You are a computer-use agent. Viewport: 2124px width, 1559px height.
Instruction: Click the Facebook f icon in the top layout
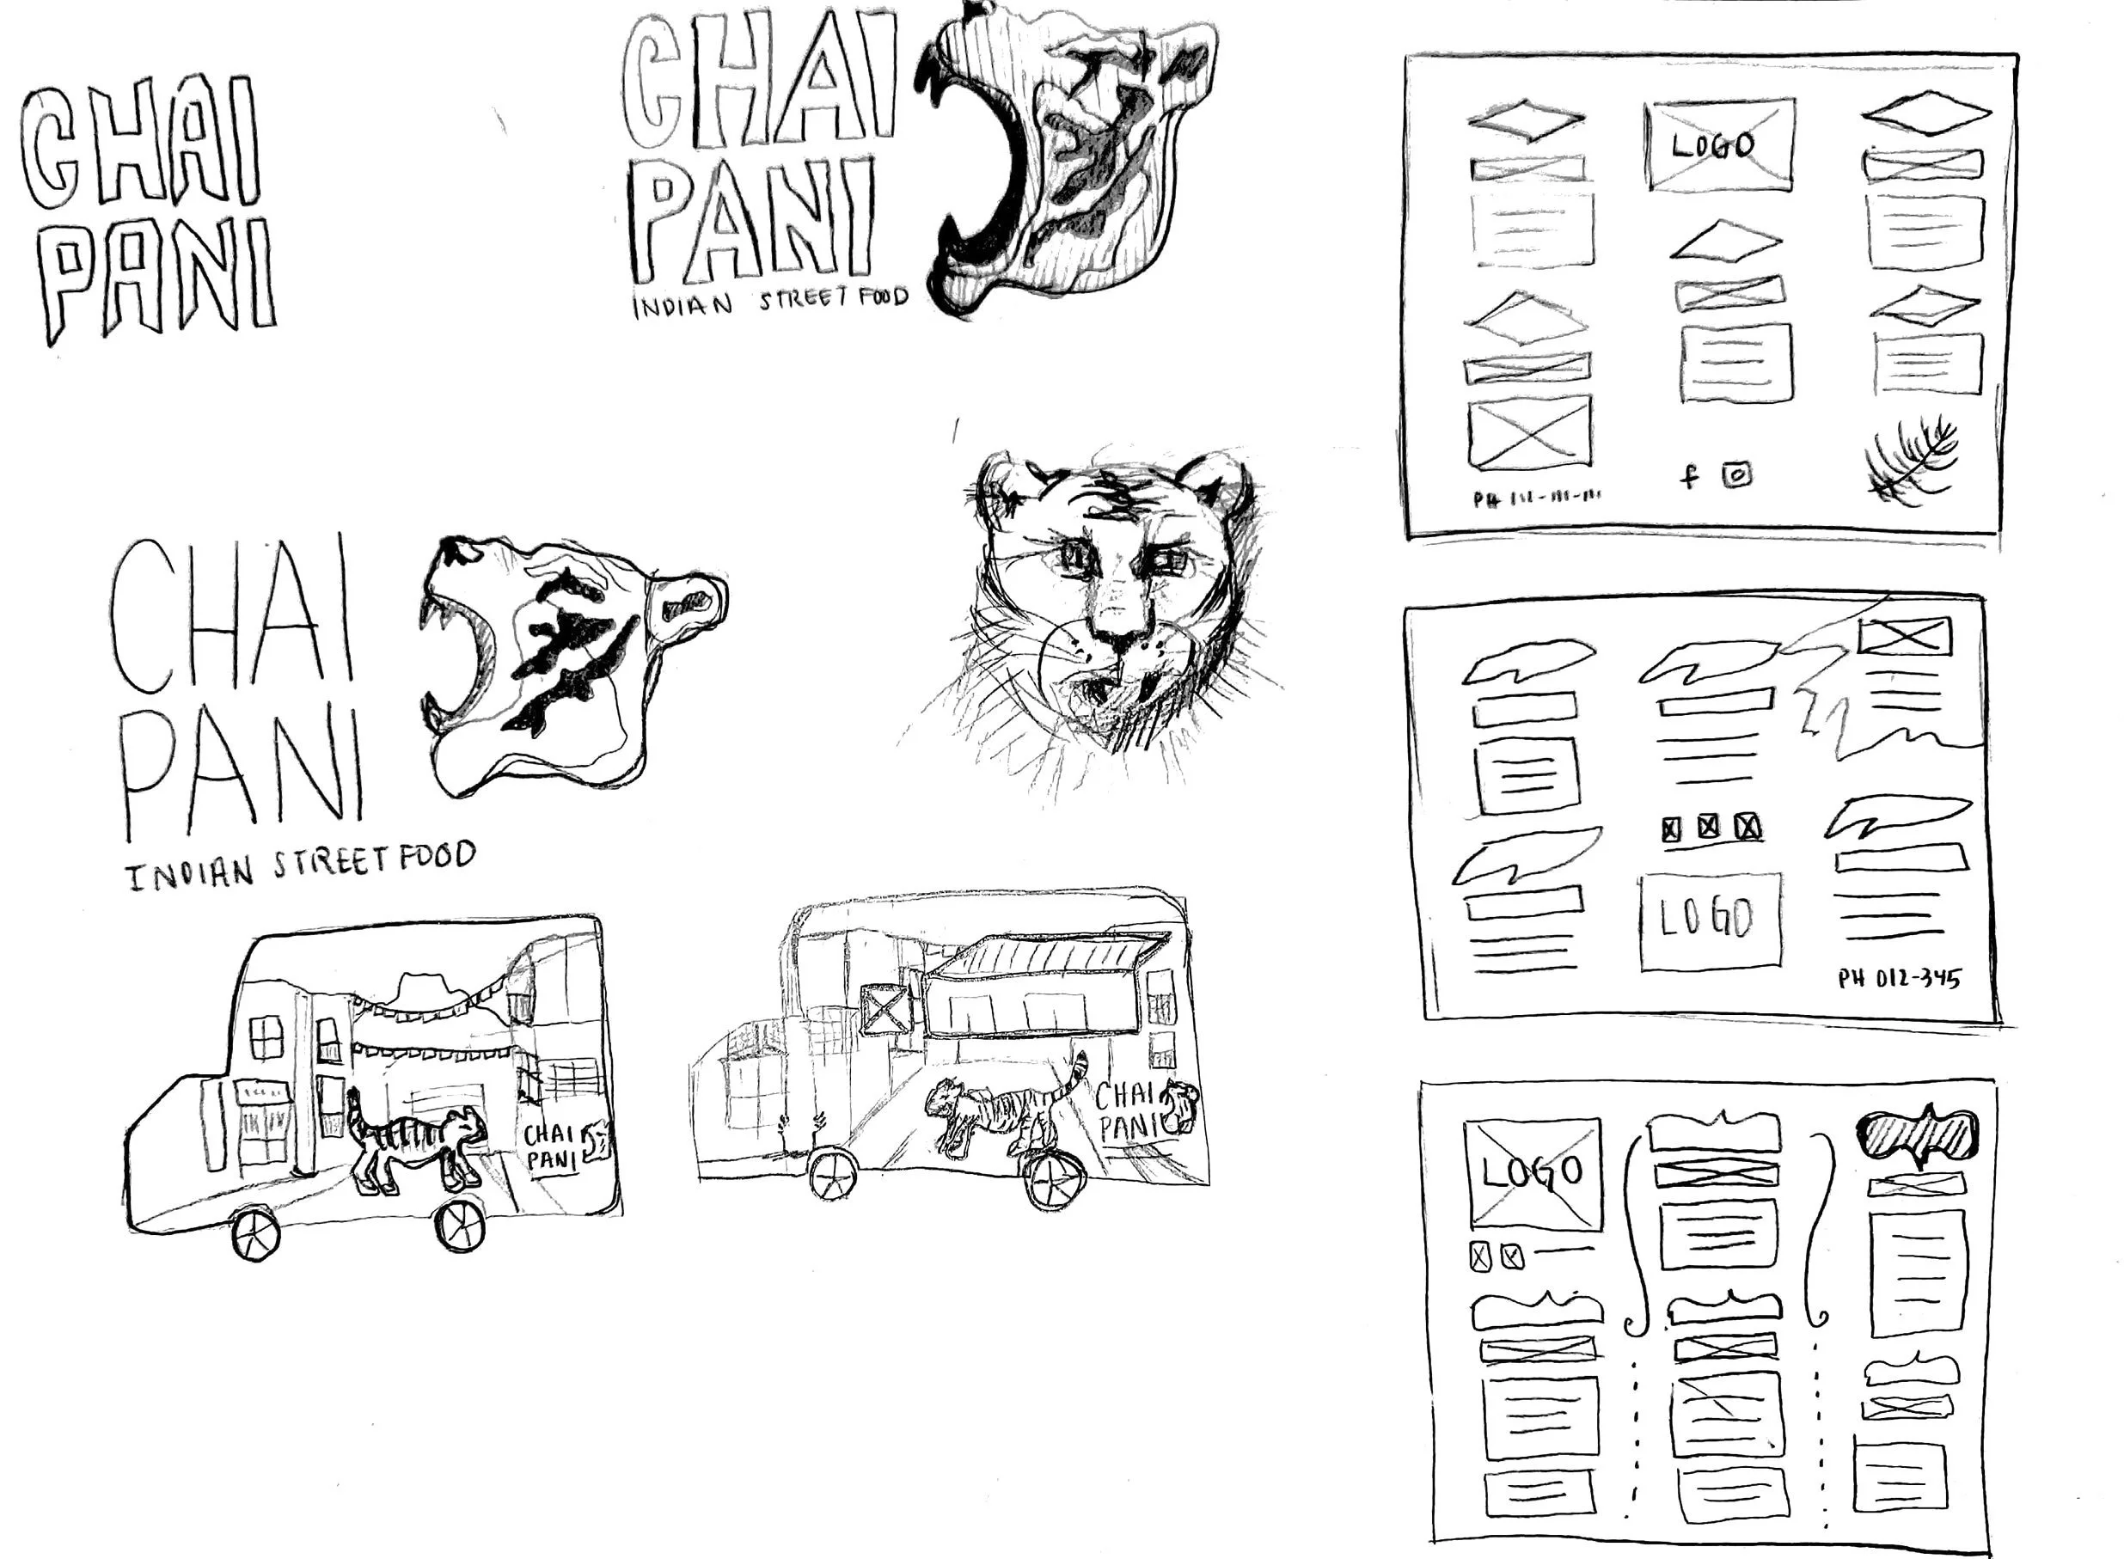coord(1689,475)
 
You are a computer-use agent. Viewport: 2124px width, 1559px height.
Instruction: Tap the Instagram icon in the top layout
coord(1737,474)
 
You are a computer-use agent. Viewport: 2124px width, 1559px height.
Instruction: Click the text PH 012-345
coord(1899,979)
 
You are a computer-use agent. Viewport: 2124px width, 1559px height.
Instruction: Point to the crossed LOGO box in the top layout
coord(1718,145)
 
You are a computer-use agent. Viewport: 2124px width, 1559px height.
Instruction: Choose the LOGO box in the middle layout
coord(1710,921)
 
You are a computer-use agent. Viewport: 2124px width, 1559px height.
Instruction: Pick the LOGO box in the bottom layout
coord(1532,1173)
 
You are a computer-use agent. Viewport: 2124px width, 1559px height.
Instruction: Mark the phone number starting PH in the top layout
coord(1538,498)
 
